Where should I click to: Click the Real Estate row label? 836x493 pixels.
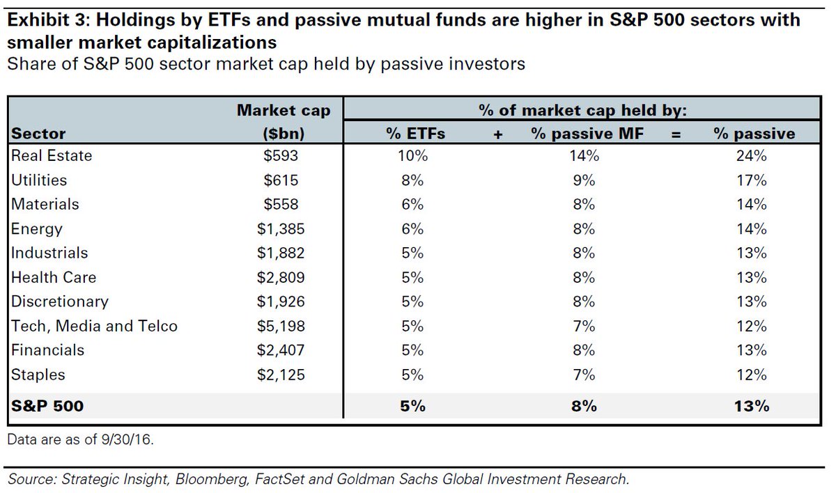(51, 156)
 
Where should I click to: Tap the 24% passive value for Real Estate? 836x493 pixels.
(750, 156)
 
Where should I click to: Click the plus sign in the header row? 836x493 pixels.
(497, 134)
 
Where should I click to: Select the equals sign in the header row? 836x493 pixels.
(674, 134)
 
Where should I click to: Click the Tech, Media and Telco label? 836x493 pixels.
(94, 326)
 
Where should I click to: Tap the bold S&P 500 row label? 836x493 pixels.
(47, 405)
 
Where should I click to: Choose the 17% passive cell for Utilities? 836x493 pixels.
(750, 180)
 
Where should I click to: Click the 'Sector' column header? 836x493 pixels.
(38, 134)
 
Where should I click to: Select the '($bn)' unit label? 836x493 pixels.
(284, 134)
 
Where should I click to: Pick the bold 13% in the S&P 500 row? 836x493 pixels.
(750, 405)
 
